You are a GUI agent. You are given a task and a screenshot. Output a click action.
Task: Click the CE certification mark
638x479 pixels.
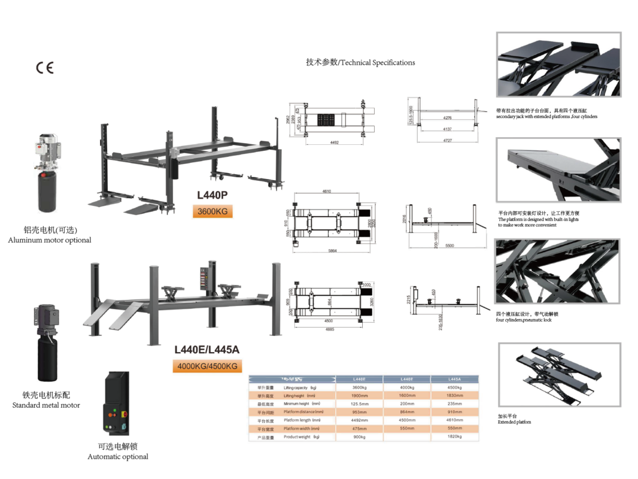(x=45, y=67)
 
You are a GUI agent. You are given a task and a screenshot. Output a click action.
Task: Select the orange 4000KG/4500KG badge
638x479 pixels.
(x=207, y=366)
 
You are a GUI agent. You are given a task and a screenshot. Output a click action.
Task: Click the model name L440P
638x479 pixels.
(x=212, y=195)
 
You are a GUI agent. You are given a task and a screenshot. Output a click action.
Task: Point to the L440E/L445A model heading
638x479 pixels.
(x=206, y=350)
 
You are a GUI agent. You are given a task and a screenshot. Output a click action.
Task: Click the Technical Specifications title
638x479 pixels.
(x=360, y=62)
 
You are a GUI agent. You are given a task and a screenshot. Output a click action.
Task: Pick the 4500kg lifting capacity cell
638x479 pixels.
(x=454, y=388)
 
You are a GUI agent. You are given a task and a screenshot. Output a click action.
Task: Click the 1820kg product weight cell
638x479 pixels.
(x=454, y=436)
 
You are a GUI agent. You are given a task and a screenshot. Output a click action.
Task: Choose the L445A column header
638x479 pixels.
(x=454, y=379)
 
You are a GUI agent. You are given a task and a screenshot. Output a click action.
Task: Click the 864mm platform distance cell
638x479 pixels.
(x=407, y=413)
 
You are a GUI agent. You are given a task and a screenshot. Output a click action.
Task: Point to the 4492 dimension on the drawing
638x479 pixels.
(x=335, y=143)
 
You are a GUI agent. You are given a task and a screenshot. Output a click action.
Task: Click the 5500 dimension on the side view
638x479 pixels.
(x=450, y=246)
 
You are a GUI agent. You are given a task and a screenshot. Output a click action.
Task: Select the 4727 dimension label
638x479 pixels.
(x=447, y=140)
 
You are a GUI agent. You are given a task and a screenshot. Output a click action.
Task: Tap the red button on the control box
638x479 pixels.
(x=123, y=414)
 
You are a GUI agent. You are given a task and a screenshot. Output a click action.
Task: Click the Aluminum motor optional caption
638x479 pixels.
(x=50, y=240)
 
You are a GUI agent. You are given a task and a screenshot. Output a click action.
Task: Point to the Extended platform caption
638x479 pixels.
(x=514, y=422)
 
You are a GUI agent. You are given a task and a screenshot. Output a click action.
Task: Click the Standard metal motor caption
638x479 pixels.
(x=46, y=405)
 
